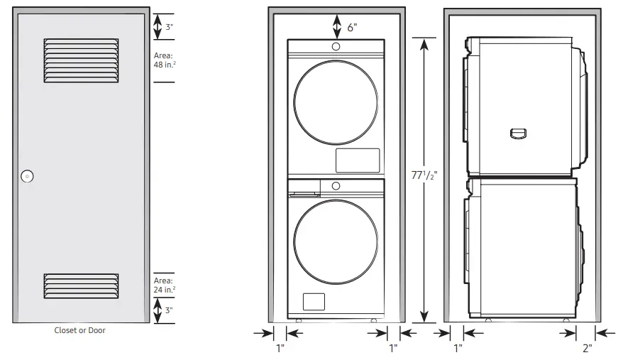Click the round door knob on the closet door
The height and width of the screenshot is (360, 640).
click(x=28, y=176)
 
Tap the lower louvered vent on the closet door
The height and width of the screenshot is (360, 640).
click(x=80, y=285)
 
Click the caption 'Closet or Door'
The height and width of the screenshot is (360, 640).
click(x=80, y=330)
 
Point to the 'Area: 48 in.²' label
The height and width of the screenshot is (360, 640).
click(x=164, y=60)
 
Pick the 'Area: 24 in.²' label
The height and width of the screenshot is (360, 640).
click(x=164, y=285)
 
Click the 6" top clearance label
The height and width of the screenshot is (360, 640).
click(x=352, y=27)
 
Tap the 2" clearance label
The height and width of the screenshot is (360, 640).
click(x=586, y=348)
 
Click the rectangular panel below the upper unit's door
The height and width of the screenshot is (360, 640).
click(x=357, y=160)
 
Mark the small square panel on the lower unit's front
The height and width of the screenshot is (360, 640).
click(x=313, y=301)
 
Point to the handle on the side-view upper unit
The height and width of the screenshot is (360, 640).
click(x=519, y=133)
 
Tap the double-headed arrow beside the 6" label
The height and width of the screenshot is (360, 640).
click(x=336, y=27)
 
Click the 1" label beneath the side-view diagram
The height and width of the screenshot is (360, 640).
click(x=458, y=348)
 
